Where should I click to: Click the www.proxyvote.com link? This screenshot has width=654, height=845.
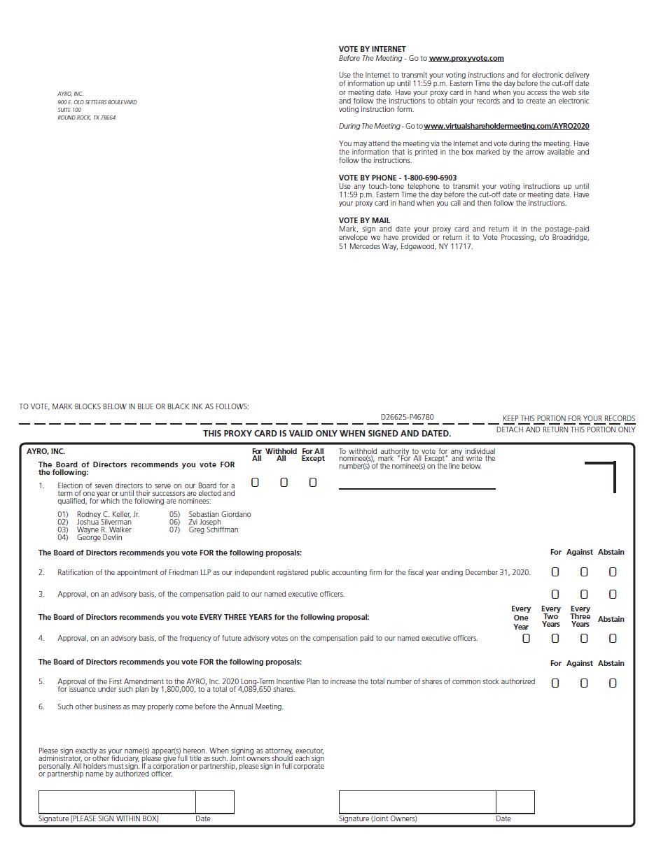pyautogui.click(x=466, y=58)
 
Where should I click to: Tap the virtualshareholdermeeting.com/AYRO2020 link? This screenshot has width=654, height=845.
pyautogui.click(x=506, y=126)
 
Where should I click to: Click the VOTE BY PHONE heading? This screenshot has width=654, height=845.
pyautogui.click(x=398, y=178)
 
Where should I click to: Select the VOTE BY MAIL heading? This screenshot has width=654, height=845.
pyautogui.click(x=364, y=220)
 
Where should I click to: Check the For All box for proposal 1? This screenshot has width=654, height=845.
pyautogui.click(x=255, y=482)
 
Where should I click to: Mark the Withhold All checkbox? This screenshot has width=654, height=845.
pyautogui.click(x=284, y=482)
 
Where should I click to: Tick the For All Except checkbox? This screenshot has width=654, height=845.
pyautogui.click(x=313, y=482)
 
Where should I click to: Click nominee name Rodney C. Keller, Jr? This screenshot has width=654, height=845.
pyautogui.click(x=108, y=514)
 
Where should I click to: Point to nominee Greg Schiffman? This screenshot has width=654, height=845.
pyautogui.click(x=213, y=530)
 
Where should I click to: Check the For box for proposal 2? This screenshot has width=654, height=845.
pyautogui.click(x=555, y=571)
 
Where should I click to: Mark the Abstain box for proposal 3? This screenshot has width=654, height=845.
pyautogui.click(x=613, y=594)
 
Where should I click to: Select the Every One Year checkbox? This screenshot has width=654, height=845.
pyautogui.click(x=527, y=638)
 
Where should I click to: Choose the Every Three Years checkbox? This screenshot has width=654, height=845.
pyautogui.click(x=584, y=638)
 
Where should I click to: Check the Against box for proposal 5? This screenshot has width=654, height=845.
pyautogui.click(x=584, y=683)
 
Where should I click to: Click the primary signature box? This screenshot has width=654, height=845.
pyautogui.click(x=117, y=802)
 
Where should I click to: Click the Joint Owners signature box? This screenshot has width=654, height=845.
pyautogui.click(x=417, y=802)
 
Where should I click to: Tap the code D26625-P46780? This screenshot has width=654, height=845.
pyautogui.click(x=407, y=417)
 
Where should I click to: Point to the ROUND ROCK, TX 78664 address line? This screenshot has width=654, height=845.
pyautogui.click(x=86, y=118)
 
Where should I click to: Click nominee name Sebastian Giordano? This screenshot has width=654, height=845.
pyautogui.click(x=219, y=514)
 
